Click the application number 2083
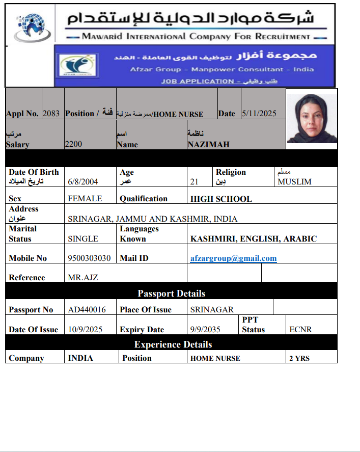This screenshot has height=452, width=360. pyautogui.click(x=51, y=114)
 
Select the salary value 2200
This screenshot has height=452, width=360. pyautogui.click(x=73, y=144)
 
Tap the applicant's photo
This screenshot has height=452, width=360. pyautogui.click(x=311, y=119)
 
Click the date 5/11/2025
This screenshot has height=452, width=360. pyautogui.click(x=259, y=114)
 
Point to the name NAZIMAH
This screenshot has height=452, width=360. pyautogui.click(x=208, y=144)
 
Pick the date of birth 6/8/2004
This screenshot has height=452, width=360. pyautogui.click(x=83, y=181)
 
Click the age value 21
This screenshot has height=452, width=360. pyautogui.click(x=194, y=181)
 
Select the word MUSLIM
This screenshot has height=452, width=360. pyautogui.click(x=294, y=181)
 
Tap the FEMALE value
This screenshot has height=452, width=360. pyautogui.click(x=85, y=199)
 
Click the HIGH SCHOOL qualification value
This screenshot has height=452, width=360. pyautogui.click(x=221, y=199)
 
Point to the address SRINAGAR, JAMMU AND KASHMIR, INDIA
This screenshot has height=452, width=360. pyautogui.click(x=152, y=219)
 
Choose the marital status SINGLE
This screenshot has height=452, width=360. pyautogui.click(x=83, y=238)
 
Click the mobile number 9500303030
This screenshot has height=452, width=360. pyautogui.click(x=89, y=258)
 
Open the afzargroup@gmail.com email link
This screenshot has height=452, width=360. pyautogui.click(x=233, y=258)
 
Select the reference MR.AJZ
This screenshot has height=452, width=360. pyautogui.click(x=83, y=278)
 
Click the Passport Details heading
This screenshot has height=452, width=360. pyautogui.click(x=172, y=294)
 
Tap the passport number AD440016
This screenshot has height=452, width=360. pyautogui.click(x=87, y=310)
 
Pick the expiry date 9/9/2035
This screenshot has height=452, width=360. pyautogui.click(x=205, y=330)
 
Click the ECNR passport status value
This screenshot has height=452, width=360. pyautogui.click(x=300, y=330)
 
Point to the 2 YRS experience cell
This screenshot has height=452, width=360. pyautogui.click(x=299, y=358)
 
